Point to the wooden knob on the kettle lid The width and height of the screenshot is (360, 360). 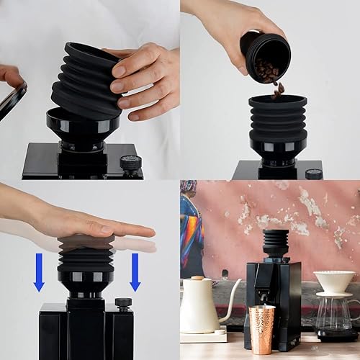pos(197,277)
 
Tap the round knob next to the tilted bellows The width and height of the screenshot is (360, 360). pos(130,163)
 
